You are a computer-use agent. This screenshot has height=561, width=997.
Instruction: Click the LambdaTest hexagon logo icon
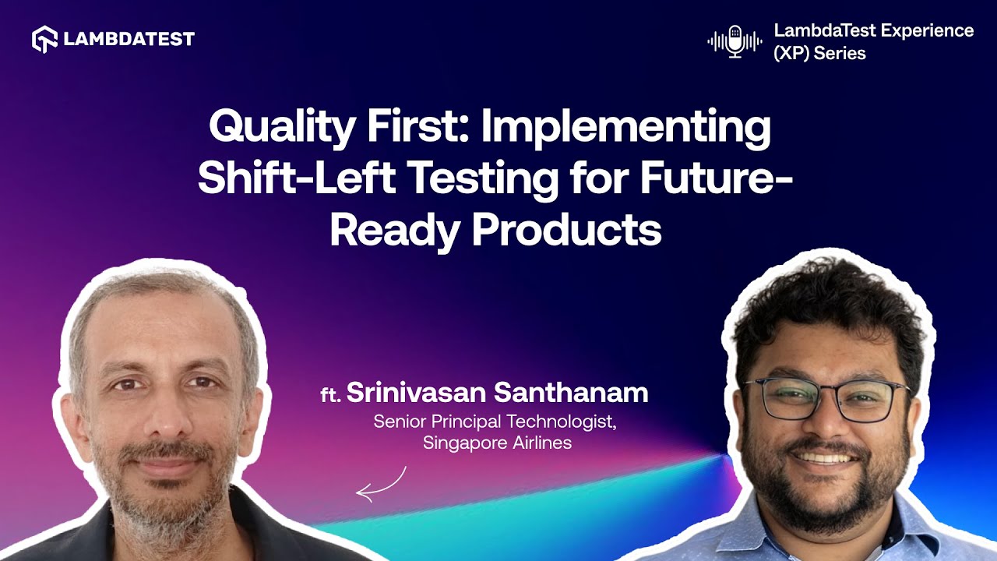44,39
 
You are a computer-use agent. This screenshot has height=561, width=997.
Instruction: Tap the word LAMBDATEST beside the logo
129,39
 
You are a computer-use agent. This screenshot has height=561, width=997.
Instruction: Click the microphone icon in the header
735,41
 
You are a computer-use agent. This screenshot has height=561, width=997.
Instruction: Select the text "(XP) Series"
819,54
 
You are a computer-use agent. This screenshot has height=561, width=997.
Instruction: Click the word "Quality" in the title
281,127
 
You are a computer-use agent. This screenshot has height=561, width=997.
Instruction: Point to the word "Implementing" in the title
625,127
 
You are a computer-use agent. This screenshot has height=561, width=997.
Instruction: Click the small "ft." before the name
331,395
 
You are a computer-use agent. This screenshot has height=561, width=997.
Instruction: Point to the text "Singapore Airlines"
497,443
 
